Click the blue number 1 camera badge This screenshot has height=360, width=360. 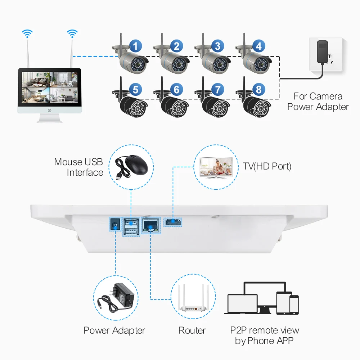135,46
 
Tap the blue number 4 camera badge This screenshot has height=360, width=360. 259,46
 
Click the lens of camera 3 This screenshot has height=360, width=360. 218,66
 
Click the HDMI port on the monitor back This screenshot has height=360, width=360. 173,223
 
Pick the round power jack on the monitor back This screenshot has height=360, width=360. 114,224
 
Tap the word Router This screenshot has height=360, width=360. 192,330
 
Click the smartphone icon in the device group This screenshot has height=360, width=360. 294,304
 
